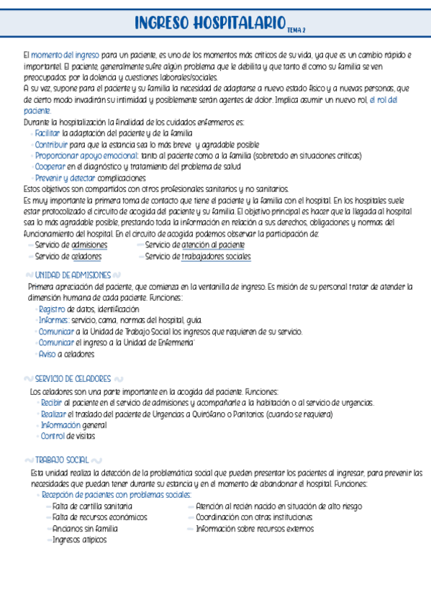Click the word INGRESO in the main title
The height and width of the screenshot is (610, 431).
pyautogui.click(x=162, y=25)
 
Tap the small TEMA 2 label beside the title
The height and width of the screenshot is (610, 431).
pyautogui.click(x=296, y=30)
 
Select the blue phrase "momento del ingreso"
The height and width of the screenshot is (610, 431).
pyautogui.click(x=65, y=55)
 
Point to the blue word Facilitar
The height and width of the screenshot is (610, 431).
pyautogui.click(x=47, y=133)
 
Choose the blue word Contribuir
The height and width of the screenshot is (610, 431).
pyautogui.click(x=50, y=144)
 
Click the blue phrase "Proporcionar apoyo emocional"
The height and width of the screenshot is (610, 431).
pyautogui.click(x=86, y=155)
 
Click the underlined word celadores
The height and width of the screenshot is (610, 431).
pyautogui.click(x=86, y=256)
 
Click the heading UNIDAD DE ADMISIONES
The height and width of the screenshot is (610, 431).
pyautogui.click(x=72, y=276)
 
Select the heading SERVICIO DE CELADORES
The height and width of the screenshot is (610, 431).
pyautogui.click(x=72, y=378)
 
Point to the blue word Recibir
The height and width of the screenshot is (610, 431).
pyautogui.click(x=51, y=403)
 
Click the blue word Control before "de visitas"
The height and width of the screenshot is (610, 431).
pyautogui.click(x=53, y=436)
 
